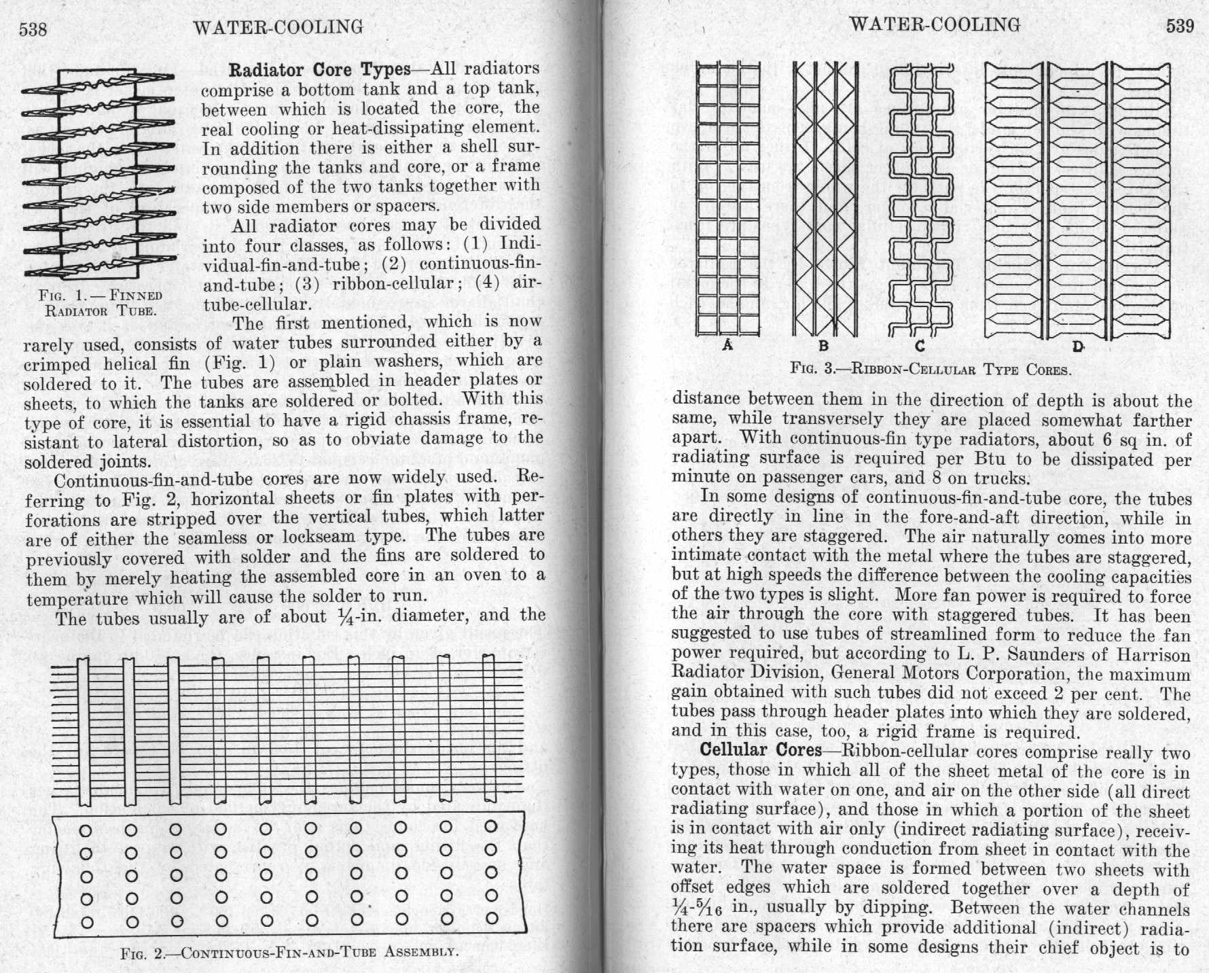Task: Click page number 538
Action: click(32, 29)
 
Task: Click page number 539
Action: click(1180, 26)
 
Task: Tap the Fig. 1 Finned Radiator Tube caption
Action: click(101, 303)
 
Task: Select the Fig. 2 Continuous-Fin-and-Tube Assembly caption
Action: click(288, 951)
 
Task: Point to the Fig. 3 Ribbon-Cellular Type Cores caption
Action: click(931, 370)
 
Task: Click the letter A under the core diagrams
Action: click(727, 345)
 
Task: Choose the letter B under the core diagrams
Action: click(824, 345)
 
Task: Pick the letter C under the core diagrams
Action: click(920, 345)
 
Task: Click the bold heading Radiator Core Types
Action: click(319, 70)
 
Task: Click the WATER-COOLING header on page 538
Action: click(278, 27)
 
